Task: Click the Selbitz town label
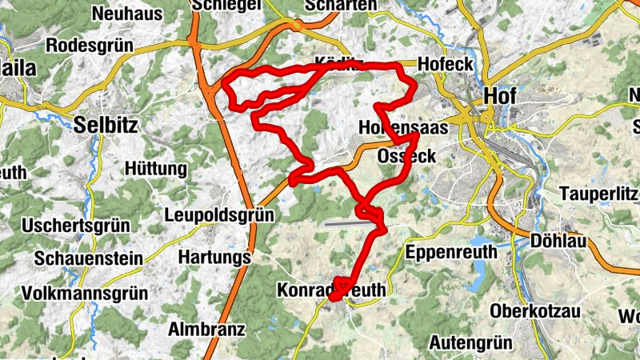(106, 124)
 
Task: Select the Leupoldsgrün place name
(219, 215)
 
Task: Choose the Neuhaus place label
(127, 14)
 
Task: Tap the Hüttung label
(156, 170)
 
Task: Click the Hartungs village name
(214, 258)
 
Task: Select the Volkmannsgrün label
(85, 294)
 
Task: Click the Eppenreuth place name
(452, 253)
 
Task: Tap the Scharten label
(341, 6)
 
